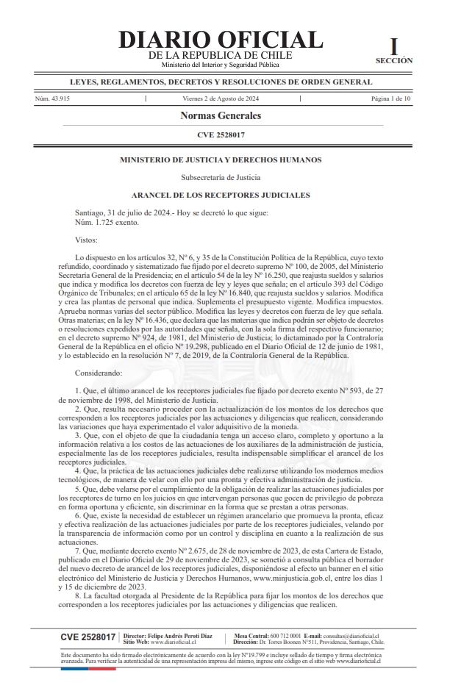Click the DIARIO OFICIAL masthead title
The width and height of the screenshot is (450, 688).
[220, 40]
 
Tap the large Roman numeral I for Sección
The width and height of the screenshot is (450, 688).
[394, 46]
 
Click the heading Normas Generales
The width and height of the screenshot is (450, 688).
[221, 116]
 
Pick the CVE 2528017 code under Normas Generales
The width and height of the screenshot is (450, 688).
[221, 135]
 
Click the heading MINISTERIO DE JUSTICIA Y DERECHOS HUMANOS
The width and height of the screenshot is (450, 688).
[220, 160]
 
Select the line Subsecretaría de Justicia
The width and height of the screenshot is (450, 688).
[221, 177]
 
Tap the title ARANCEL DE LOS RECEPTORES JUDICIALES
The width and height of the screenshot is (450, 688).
[221, 195]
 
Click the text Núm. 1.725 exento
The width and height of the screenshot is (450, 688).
[107, 221]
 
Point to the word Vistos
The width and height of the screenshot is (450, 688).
[88, 240]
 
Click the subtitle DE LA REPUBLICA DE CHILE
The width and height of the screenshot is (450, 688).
[220, 55]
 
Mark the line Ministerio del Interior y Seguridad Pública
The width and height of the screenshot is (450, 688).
[220, 65]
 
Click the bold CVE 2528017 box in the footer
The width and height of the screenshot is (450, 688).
[87, 637]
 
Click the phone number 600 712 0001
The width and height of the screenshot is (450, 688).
[285, 634]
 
